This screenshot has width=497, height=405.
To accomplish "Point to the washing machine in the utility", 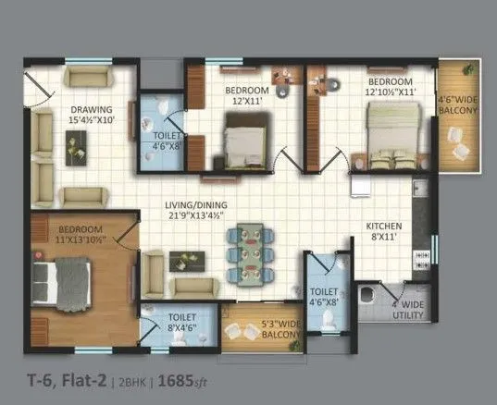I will [371, 299].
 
